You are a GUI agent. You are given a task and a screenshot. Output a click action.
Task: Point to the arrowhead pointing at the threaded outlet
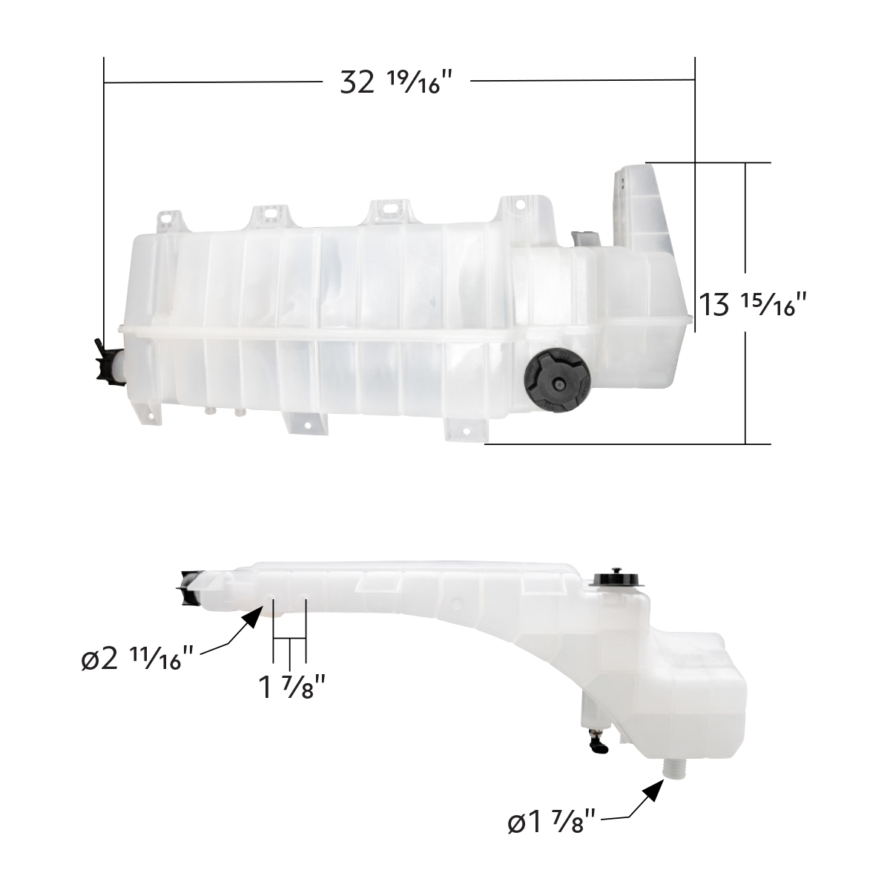point(650,792)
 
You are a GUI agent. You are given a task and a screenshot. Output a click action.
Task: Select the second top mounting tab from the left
point(269,214)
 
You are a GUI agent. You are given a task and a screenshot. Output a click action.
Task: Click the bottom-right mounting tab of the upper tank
point(464,430)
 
